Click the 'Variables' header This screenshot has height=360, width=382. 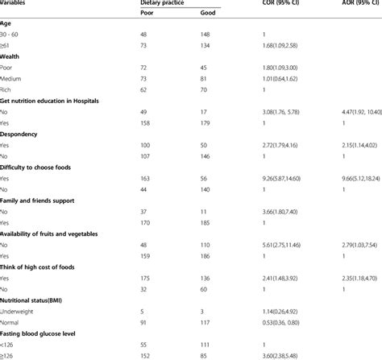[17, 4]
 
